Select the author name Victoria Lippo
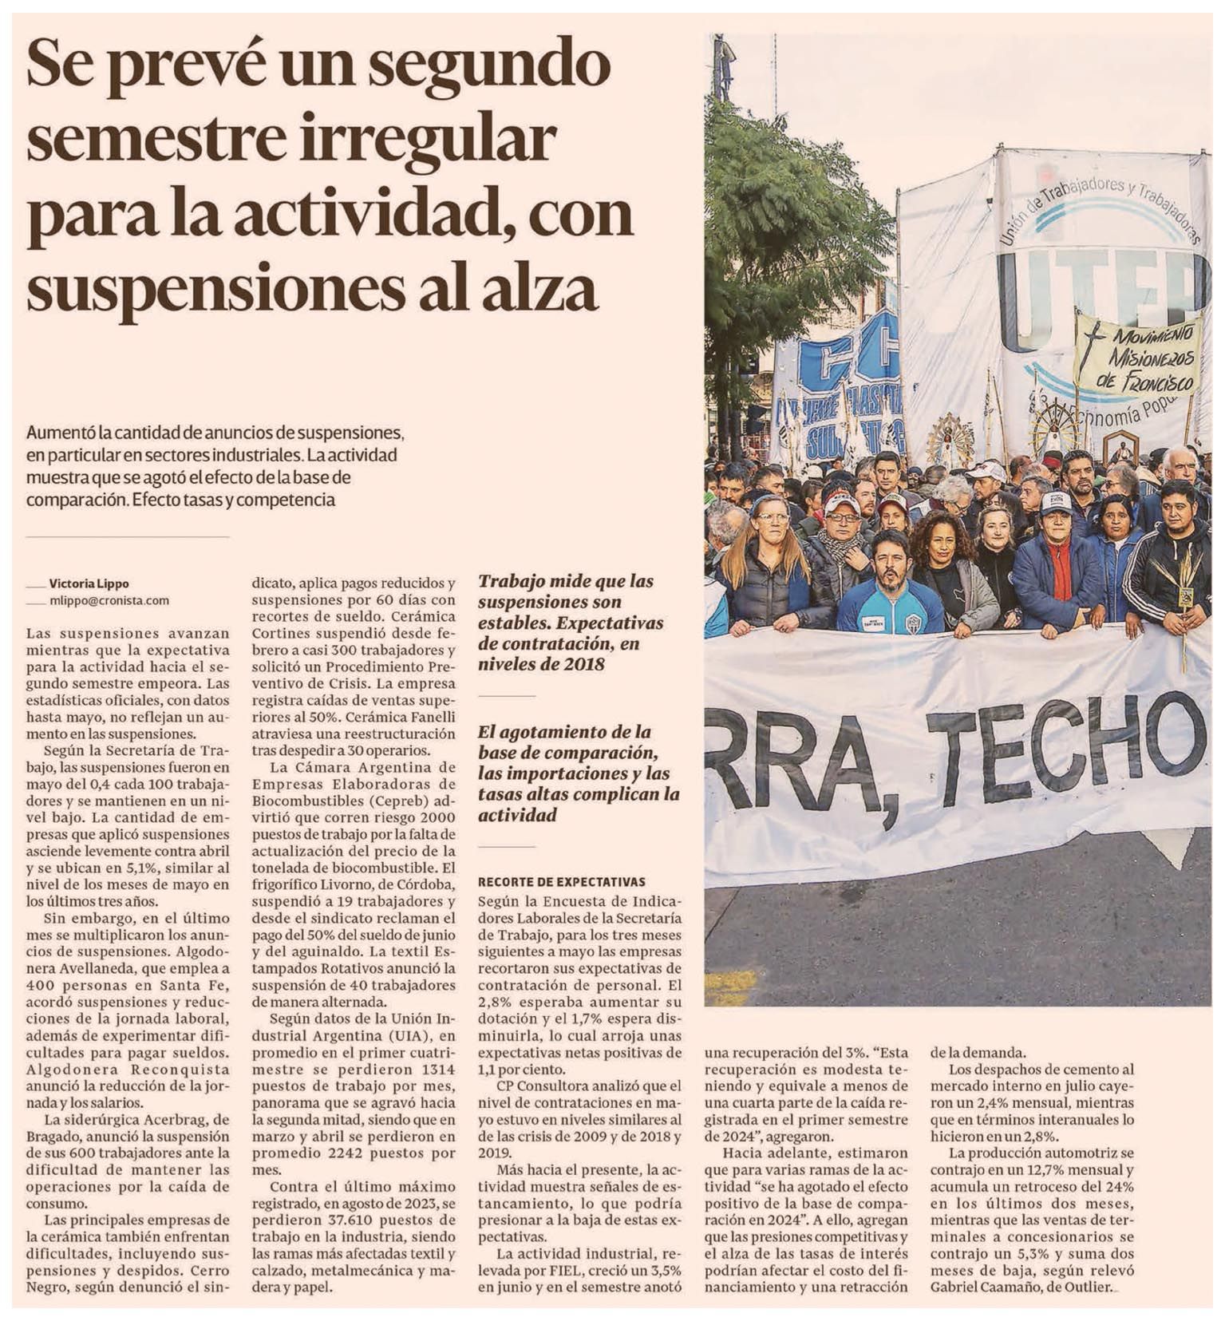coord(89,583)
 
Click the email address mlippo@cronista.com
coord(109,600)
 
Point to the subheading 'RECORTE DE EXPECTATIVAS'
coord(561,882)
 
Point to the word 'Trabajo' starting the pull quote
coord(511,581)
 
